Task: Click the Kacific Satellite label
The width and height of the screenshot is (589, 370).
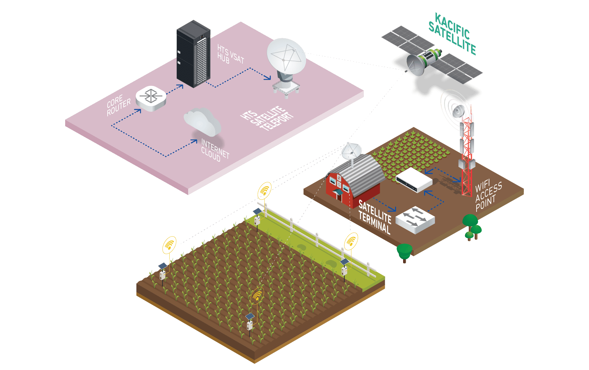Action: pos(452,34)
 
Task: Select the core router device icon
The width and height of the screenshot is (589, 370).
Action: pos(151,98)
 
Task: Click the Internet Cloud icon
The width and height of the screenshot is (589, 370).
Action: pos(203,121)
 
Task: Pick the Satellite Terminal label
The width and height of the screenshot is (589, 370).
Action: pos(375,217)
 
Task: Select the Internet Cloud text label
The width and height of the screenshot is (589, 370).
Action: pos(215,150)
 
